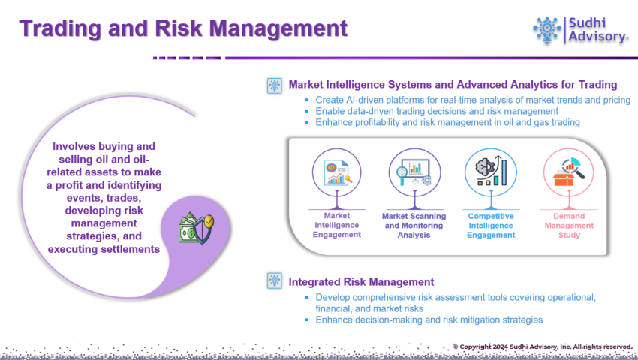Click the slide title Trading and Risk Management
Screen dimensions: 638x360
click(x=183, y=28)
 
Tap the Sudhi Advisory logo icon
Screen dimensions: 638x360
click(x=547, y=30)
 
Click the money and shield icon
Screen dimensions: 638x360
click(x=197, y=228)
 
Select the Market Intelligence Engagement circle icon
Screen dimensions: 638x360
click(x=336, y=173)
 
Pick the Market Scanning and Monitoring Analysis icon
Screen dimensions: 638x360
click(x=414, y=173)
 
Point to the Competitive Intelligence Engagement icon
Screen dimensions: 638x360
click(x=491, y=173)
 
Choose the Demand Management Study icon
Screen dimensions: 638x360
click(x=568, y=173)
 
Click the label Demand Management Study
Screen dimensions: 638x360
click(x=569, y=226)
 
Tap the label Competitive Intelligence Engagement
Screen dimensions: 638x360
click(x=491, y=226)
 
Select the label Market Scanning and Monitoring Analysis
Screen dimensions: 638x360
click(x=414, y=226)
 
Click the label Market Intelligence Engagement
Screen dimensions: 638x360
click(x=336, y=225)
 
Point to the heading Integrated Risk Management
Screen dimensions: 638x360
click(x=361, y=282)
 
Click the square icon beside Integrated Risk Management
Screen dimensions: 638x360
click(x=274, y=280)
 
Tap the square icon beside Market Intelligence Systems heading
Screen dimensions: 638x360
click(x=274, y=85)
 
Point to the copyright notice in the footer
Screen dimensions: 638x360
click(x=543, y=346)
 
